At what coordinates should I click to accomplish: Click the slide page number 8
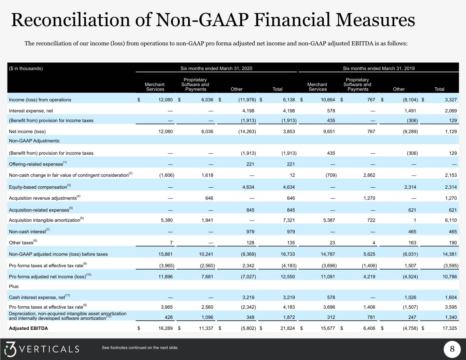pyautogui.click(x=452, y=349)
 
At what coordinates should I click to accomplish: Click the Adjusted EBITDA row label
pyautogui.click(x=28, y=328)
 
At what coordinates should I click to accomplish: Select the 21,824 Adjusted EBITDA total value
pyautogui.click(x=287, y=328)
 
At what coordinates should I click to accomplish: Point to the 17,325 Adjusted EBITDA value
pyautogui.click(x=450, y=328)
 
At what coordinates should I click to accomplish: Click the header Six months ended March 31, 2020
pyautogui.click(x=216, y=68)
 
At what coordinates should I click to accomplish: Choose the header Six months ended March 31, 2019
pyautogui.click(x=379, y=68)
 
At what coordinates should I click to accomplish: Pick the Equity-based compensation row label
pyautogui.click(x=38, y=187)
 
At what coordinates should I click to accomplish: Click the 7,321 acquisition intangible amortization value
pyautogui.click(x=289, y=220)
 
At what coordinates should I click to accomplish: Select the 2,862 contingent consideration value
pyautogui.click(x=369, y=175)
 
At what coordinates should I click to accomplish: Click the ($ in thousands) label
pyautogui.click(x=26, y=68)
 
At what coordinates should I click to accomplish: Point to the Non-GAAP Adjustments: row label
pyautogui.click(x=34, y=141)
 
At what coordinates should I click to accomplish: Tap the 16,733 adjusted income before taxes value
pyautogui.click(x=287, y=254)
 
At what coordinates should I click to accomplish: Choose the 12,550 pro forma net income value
pyautogui.click(x=287, y=277)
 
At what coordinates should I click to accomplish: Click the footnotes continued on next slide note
pyautogui.click(x=140, y=348)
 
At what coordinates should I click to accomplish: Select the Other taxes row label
pyautogui.click(x=21, y=243)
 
